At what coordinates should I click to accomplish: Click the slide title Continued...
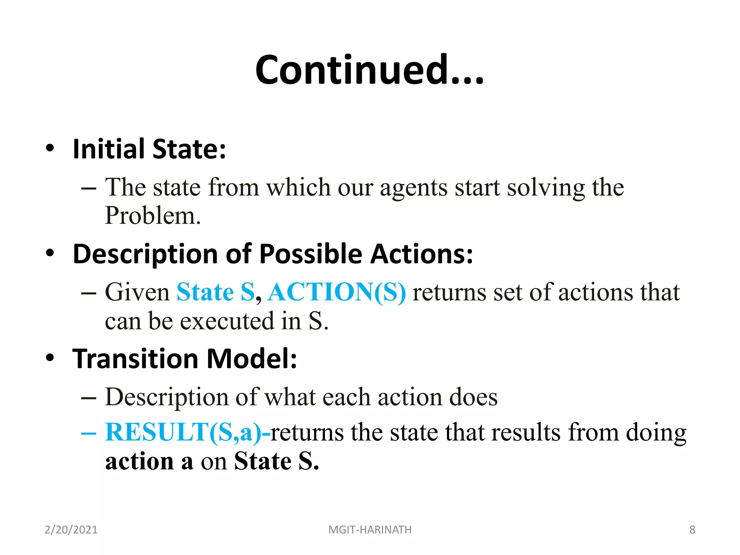(x=369, y=70)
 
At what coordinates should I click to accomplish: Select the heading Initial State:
(x=149, y=149)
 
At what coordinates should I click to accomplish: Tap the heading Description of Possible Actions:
(x=273, y=254)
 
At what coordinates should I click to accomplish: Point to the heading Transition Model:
(x=185, y=359)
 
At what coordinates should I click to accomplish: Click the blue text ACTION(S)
(x=337, y=292)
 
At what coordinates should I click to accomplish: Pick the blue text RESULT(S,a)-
(x=188, y=433)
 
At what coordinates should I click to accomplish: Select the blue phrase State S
(x=216, y=292)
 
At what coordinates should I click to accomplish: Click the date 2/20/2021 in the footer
(x=71, y=530)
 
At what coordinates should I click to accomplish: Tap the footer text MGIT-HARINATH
(x=370, y=530)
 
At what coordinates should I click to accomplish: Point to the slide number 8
(x=692, y=530)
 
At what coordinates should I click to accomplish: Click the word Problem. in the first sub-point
(x=152, y=216)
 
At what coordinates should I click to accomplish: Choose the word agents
(x=413, y=188)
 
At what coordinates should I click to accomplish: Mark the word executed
(x=227, y=321)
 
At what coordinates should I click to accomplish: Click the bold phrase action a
(x=149, y=461)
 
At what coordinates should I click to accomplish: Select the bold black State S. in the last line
(x=276, y=461)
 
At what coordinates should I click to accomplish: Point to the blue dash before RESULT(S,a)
(x=89, y=433)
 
